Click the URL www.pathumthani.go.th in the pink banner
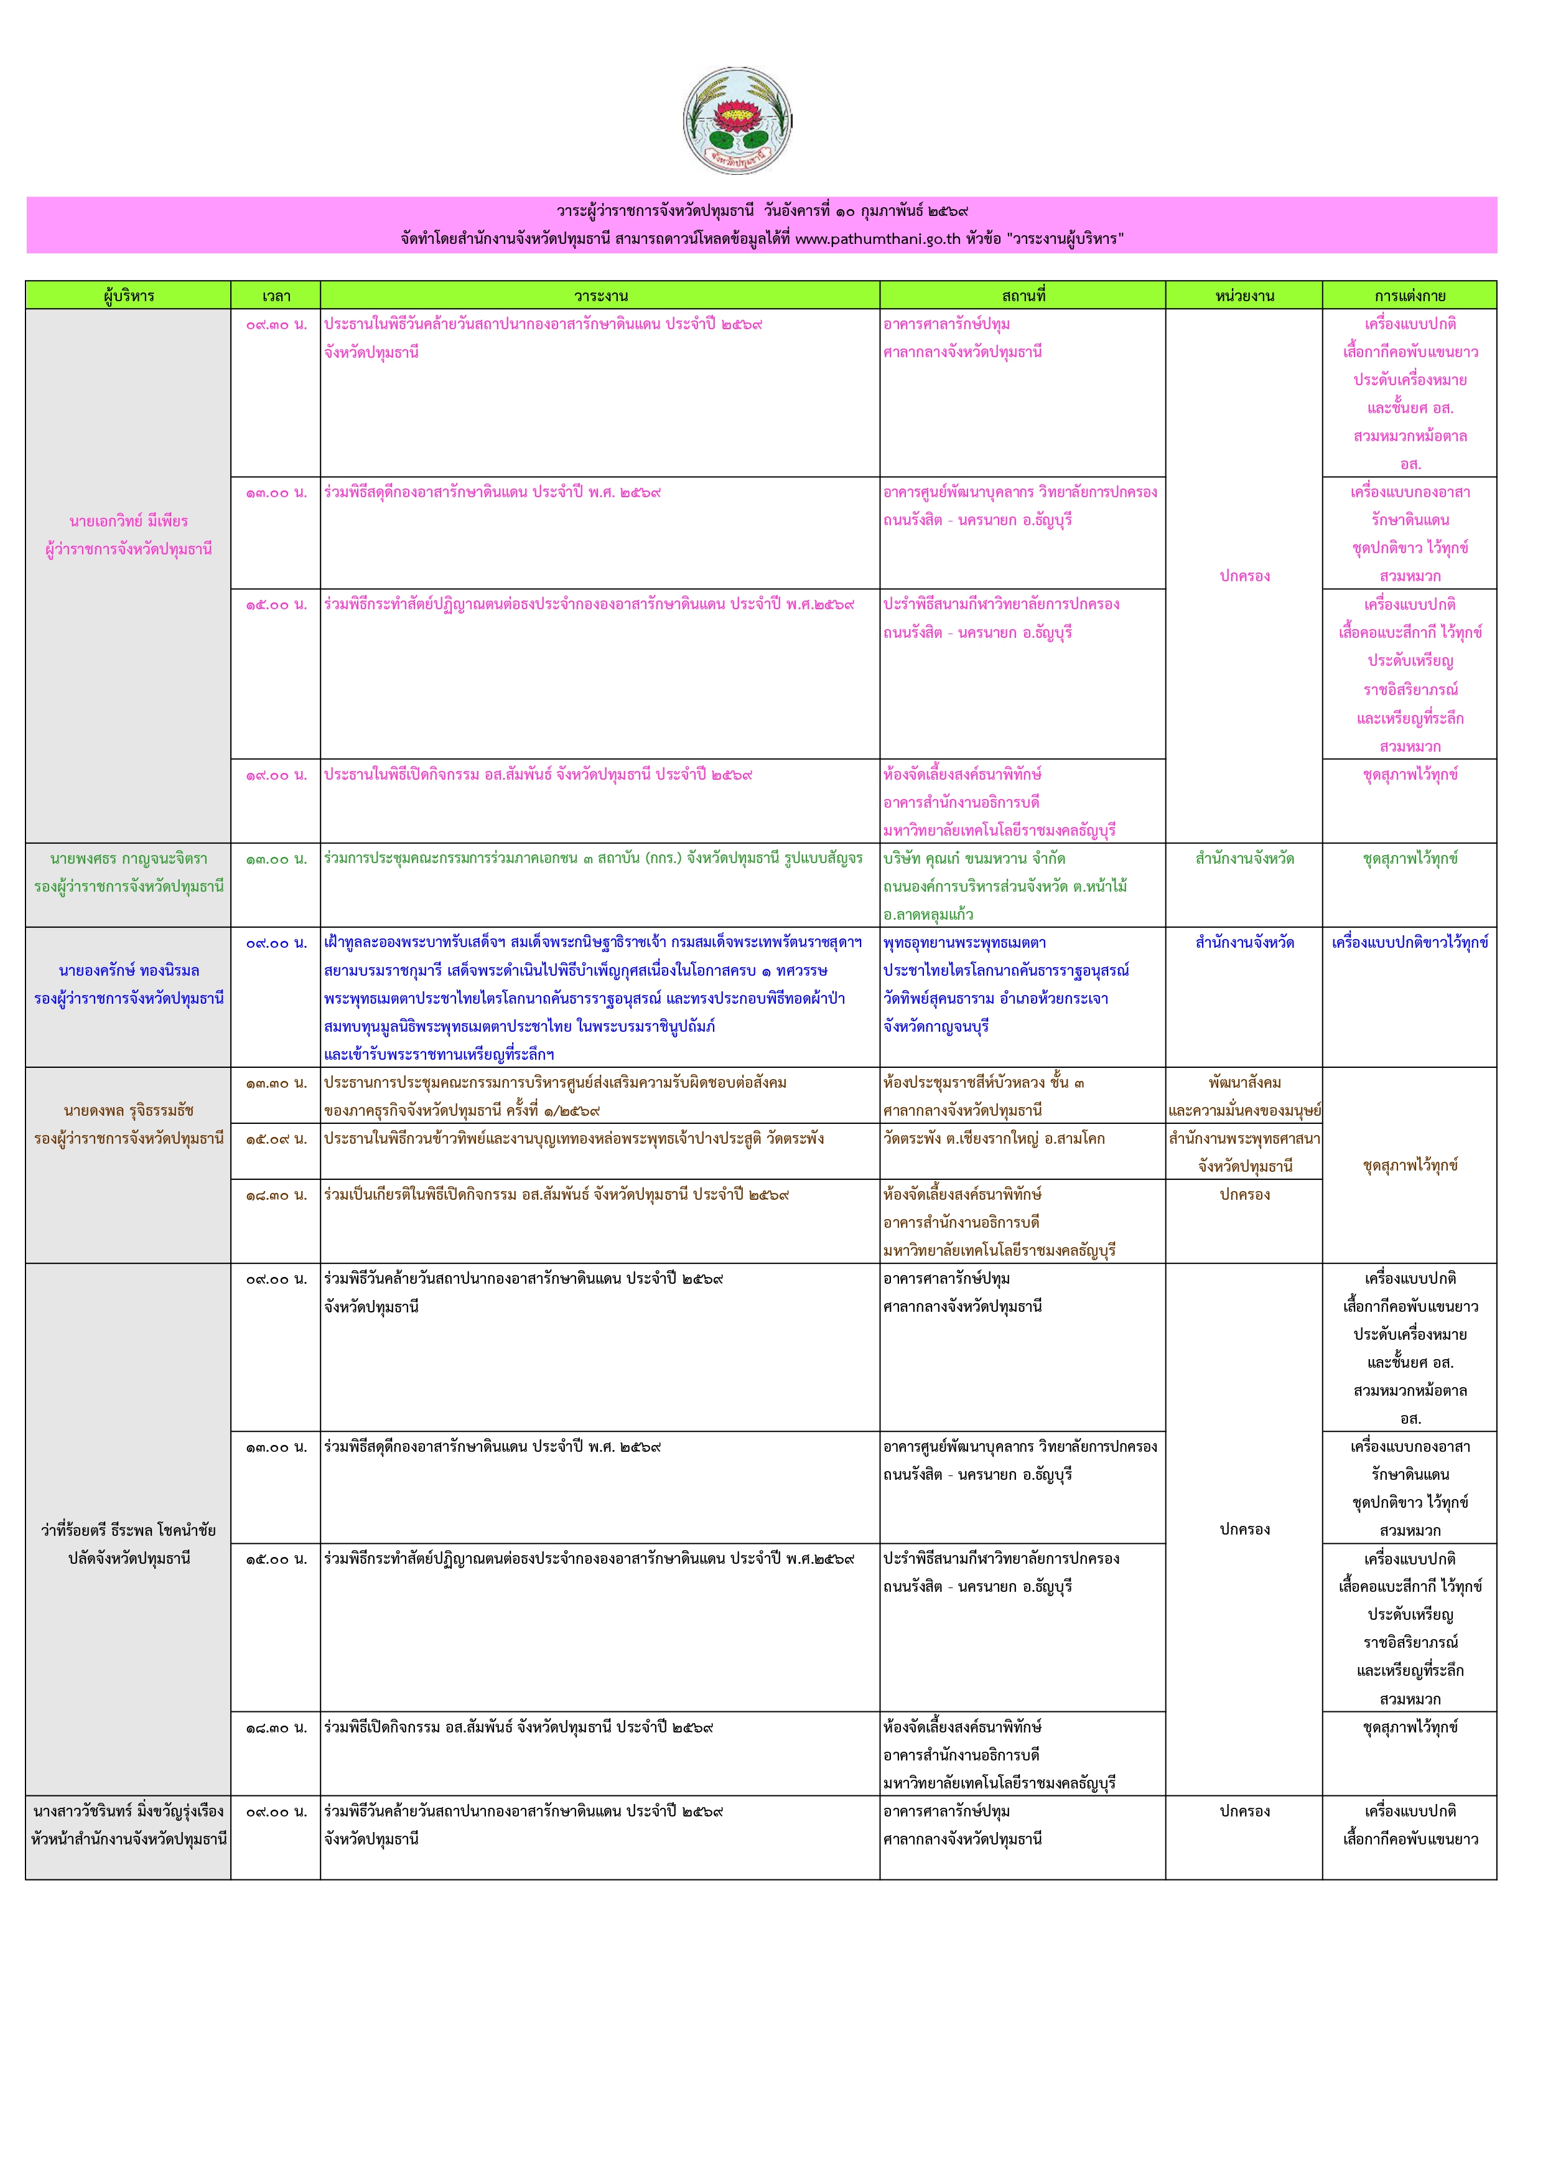[x=877, y=238]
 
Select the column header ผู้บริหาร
[x=128, y=296]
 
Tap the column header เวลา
[x=276, y=296]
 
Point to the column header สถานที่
[x=1022, y=296]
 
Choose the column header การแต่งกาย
[x=1409, y=296]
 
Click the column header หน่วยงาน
[x=1244, y=296]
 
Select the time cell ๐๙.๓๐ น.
[x=276, y=324]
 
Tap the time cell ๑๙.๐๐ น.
[x=276, y=775]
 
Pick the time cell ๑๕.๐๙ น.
[x=276, y=1138]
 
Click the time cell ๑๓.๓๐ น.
[x=276, y=1082]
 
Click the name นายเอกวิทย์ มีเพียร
[x=128, y=521]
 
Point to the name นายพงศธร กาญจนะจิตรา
[x=128, y=859]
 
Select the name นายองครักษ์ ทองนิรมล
[x=128, y=971]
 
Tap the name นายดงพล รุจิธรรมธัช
[x=128, y=1111]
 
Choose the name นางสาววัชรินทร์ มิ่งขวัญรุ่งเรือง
[x=128, y=1811]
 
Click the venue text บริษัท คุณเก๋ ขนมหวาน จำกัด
[x=974, y=859]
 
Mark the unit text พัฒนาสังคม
[x=1244, y=1082]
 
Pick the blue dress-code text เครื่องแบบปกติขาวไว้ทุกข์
[x=1409, y=942]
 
